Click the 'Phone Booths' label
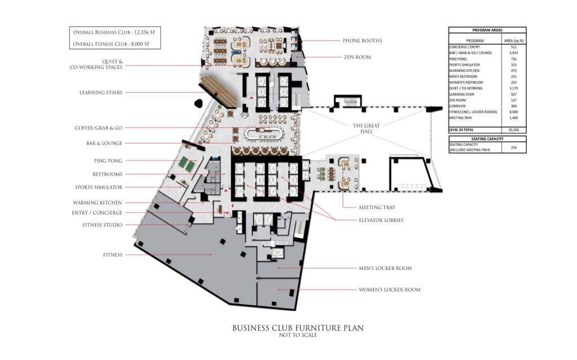point(362,41)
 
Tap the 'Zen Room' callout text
point(357,57)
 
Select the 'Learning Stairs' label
point(101,92)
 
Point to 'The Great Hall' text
point(366,128)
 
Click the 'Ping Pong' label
point(108,161)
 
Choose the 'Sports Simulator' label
point(99,188)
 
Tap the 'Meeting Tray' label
point(377,208)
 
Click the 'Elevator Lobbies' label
point(381,220)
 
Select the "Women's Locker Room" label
point(389,290)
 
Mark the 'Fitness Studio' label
point(103,225)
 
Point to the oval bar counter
point(264,134)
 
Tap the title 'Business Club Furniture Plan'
point(298,328)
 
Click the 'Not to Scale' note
point(298,335)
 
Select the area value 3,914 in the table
point(513,53)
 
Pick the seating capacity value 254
point(514,147)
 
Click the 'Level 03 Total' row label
point(461,130)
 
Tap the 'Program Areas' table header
point(487,30)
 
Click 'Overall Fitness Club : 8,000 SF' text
point(111,44)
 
